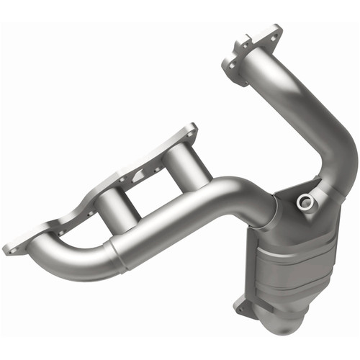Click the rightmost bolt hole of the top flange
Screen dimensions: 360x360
(x=272, y=30)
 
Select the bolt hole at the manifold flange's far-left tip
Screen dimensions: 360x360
(x=11, y=249)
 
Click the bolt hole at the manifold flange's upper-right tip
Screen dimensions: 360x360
(x=191, y=130)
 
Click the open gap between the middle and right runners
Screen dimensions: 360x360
(x=155, y=184)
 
